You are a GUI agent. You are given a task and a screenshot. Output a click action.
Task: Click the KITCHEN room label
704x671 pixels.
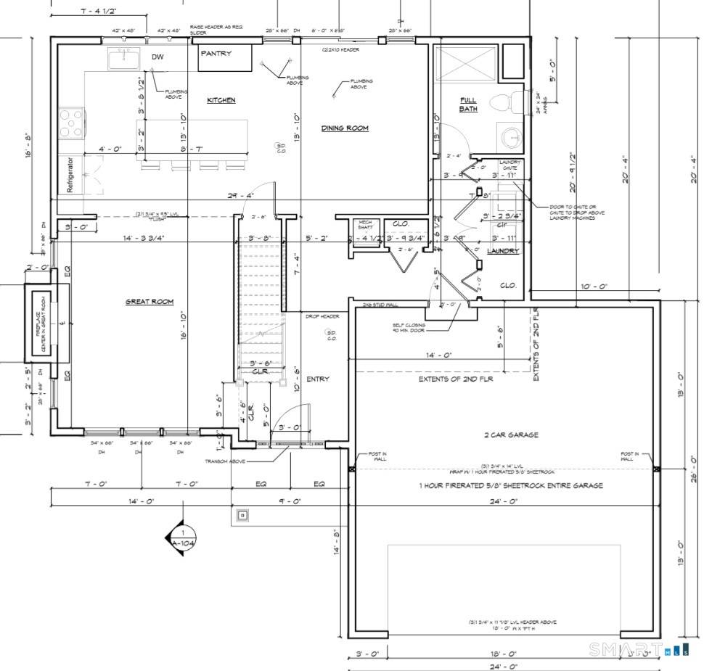[221, 100]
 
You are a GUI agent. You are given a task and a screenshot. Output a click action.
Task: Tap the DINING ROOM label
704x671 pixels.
[345, 128]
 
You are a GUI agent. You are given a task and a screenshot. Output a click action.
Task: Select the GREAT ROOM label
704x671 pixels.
[150, 301]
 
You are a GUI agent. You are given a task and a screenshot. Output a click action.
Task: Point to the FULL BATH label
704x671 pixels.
[468, 104]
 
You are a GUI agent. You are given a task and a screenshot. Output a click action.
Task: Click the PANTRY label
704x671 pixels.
[216, 54]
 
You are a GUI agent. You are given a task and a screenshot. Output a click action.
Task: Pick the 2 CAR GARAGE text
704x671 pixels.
[512, 435]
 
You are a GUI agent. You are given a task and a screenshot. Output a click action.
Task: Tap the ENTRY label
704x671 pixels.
[317, 379]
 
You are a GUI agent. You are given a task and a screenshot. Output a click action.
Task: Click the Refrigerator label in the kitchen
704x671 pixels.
[71, 174]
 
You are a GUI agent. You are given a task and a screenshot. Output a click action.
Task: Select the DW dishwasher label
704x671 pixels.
[157, 57]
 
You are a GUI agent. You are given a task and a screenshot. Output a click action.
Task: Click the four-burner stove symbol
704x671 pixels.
[71, 123]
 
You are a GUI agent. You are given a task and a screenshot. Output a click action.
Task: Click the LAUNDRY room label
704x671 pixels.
[503, 251]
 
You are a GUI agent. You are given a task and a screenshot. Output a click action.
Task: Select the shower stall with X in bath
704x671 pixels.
[464, 64]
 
